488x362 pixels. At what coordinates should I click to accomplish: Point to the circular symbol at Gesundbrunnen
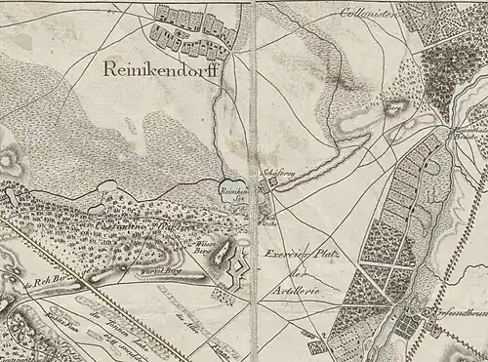pos(427,312)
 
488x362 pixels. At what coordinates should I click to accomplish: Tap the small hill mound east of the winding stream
pos(396,107)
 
